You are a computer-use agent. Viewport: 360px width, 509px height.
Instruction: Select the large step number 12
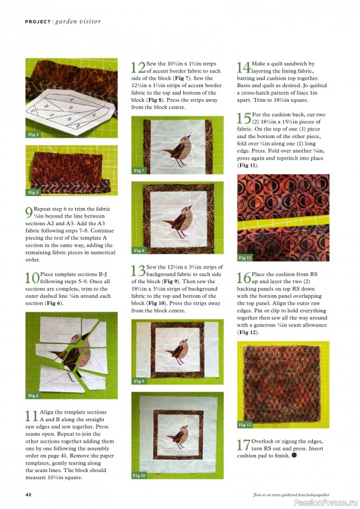pos(137,69)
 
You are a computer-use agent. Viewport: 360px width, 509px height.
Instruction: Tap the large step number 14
pos(243,69)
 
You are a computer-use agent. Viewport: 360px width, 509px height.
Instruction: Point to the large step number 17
pos(243,446)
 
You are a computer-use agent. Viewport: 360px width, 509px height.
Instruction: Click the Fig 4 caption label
pos(34,135)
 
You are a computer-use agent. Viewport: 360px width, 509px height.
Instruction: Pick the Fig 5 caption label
pos(34,192)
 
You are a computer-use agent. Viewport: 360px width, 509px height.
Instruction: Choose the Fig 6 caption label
pos(34,395)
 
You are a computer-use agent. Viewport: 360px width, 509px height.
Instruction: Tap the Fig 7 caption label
pos(139,171)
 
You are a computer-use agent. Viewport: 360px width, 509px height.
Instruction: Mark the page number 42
pos(29,494)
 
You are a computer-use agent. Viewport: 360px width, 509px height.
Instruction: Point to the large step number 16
pos(243,278)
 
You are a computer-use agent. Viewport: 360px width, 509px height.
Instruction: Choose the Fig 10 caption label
pos(140,475)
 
